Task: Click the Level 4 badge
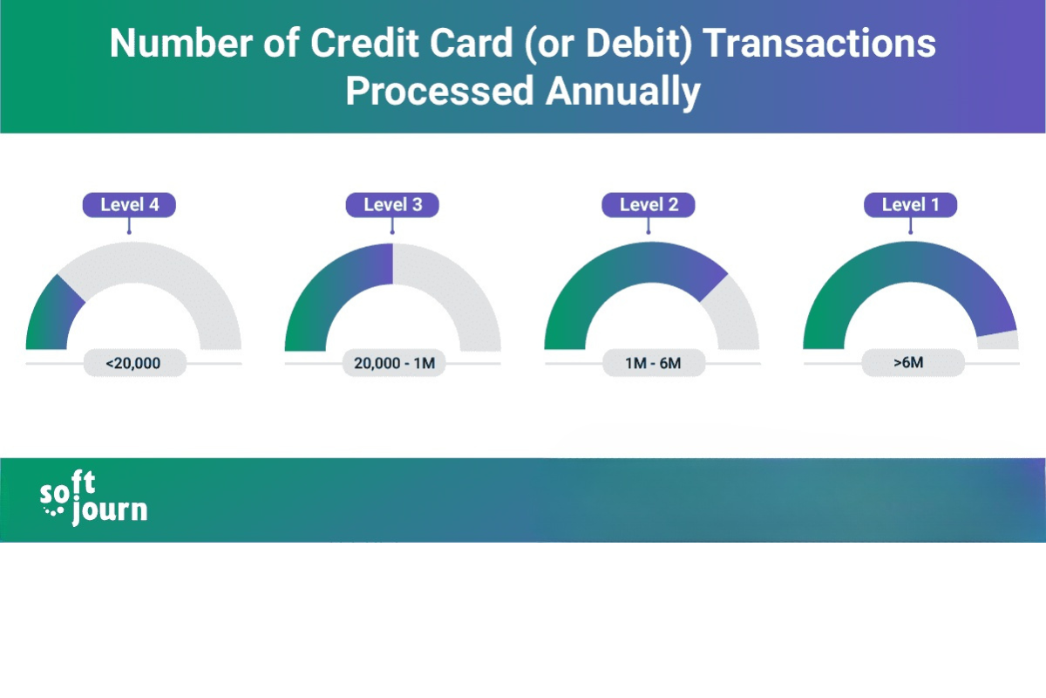click(129, 205)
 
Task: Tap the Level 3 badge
click(392, 205)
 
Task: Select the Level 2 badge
click(649, 205)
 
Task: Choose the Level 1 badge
click(911, 205)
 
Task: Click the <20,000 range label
click(134, 363)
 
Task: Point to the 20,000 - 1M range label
click(394, 363)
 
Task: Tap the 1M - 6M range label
click(654, 363)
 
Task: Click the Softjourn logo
click(93, 498)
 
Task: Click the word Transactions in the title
click(818, 43)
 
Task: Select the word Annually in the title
click(623, 91)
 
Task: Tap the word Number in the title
click(181, 43)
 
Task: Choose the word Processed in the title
click(439, 91)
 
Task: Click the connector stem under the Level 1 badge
click(911, 226)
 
